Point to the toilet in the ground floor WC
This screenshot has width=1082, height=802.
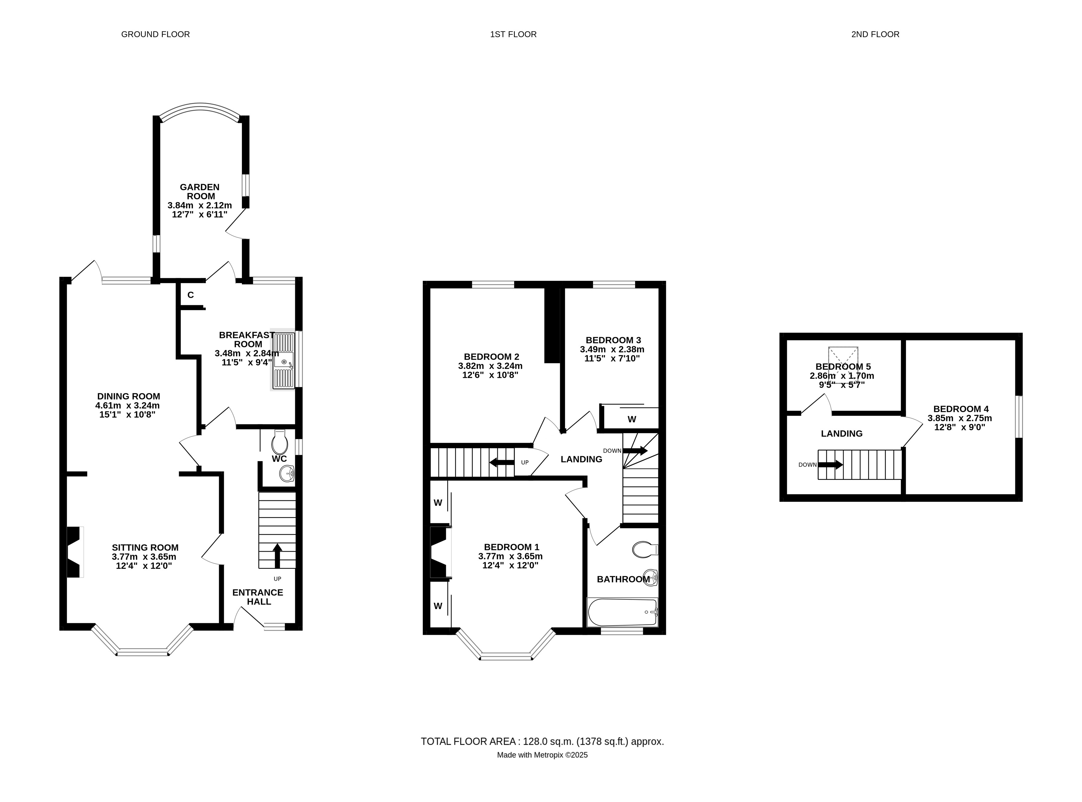(280, 442)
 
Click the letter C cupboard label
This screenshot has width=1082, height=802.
(191, 295)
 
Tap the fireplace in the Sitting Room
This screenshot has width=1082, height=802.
(74, 552)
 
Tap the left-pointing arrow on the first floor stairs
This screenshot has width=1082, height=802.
(502, 462)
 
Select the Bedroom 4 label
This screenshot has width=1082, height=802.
(960, 409)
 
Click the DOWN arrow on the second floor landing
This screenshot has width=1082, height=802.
(831, 465)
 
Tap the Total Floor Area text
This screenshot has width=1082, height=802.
(542, 741)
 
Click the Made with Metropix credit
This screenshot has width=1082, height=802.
(542, 755)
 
